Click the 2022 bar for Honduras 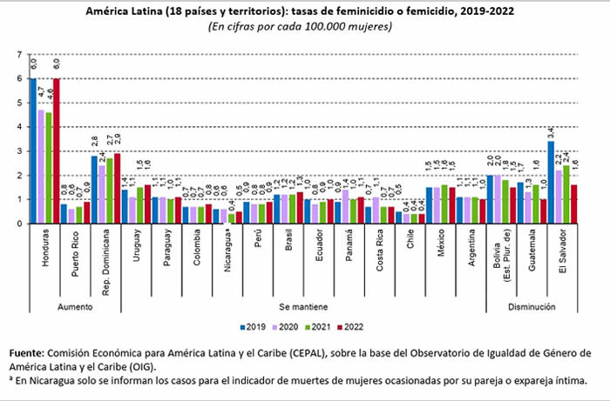[56, 151]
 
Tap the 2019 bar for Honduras [34, 151]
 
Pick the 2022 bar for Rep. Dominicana [117, 189]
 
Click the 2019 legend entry [253, 327]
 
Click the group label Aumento [76, 306]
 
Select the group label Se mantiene [302, 306]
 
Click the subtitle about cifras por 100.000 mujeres [300, 27]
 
